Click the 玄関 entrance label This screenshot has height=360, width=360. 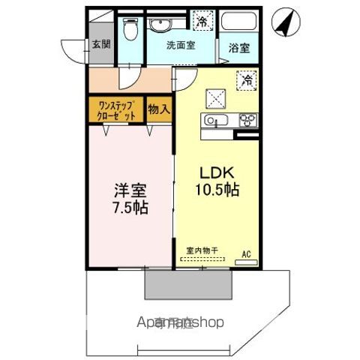click(100, 44)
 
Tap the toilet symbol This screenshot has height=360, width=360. click(131, 30)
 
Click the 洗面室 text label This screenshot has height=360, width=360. click(181, 45)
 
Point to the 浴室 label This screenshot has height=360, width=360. click(240, 46)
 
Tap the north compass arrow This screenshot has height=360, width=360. click(283, 22)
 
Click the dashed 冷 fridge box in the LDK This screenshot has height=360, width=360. click(246, 79)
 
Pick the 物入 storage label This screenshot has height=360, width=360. click(159, 109)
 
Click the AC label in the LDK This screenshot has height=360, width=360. click(245, 253)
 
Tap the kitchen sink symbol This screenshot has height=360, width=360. click(211, 121)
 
